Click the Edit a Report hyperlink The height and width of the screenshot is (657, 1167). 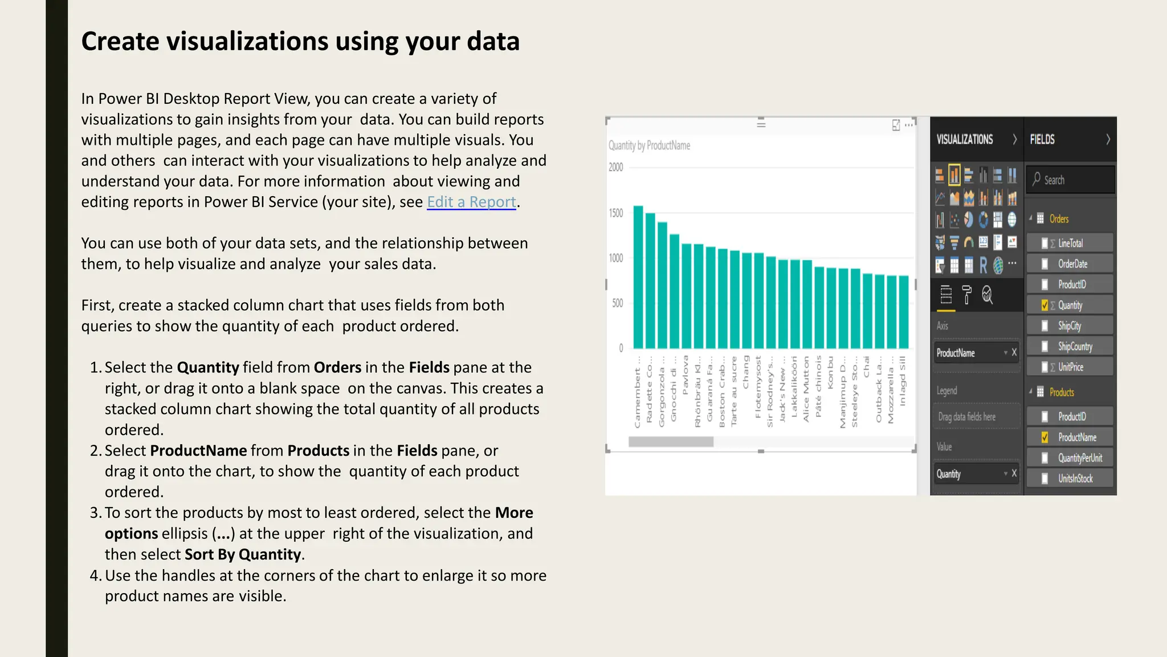click(471, 202)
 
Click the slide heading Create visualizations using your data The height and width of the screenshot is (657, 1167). click(300, 41)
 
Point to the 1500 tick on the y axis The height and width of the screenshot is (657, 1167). click(616, 213)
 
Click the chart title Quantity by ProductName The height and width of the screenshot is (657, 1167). click(649, 145)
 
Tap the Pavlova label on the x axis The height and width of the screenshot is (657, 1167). click(685, 375)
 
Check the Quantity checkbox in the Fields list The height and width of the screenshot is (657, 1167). click(1044, 305)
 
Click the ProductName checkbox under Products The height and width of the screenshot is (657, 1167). click(1044, 437)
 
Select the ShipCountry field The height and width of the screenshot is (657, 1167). click(1075, 346)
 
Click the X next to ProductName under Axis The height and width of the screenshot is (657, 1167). click(1014, 352)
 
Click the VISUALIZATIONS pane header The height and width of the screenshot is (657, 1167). click(965, 139)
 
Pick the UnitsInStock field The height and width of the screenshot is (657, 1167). click(1075, 478)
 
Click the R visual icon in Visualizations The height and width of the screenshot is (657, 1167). click(983, 265)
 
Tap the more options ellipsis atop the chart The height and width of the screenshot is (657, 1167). click(909, 125)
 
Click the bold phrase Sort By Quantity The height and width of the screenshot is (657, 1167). click(243, 554)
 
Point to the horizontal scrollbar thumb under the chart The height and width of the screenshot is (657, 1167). click(671, 441)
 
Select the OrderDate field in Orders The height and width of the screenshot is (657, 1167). click(1072, 263)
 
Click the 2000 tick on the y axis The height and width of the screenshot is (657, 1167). click(616, 167)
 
